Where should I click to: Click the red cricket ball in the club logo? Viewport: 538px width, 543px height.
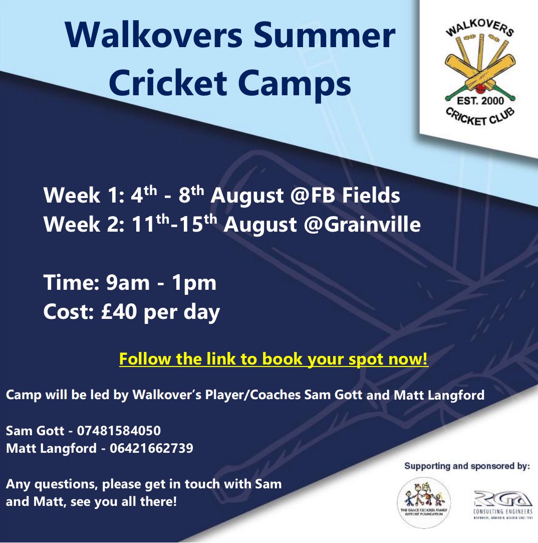click(479, 90)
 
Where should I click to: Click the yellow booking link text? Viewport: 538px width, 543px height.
click(274, 360)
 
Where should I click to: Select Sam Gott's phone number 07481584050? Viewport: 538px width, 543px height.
click(119, 430)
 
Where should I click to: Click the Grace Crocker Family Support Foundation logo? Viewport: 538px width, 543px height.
click(423, 502)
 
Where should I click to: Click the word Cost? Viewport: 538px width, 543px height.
click(64, 312)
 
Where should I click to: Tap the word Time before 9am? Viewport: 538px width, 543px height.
click(65, 283)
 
